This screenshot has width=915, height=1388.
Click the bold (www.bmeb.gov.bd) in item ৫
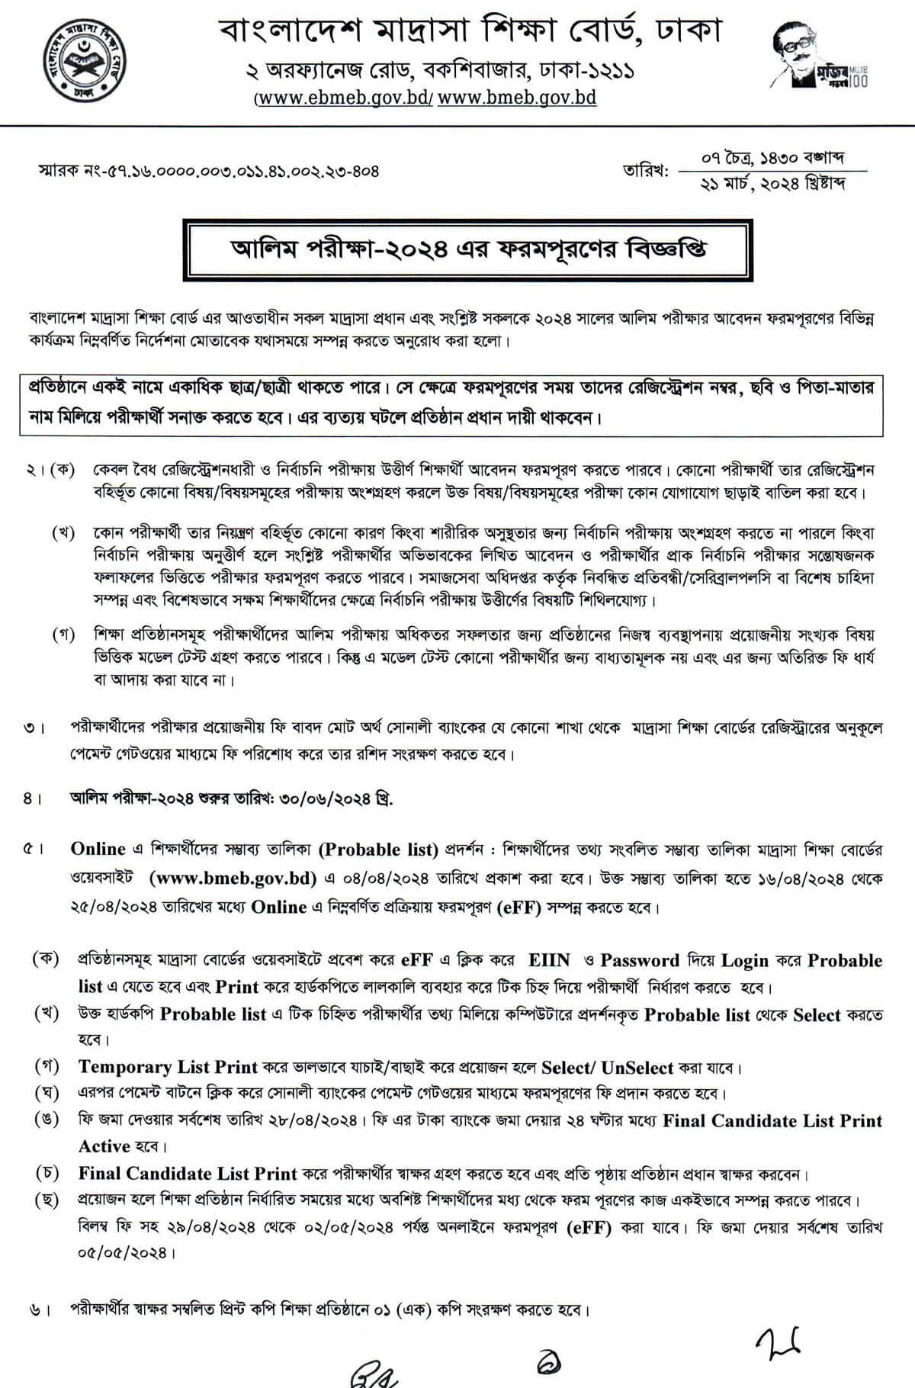[233, 878]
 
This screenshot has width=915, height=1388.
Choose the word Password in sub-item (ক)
[639, 960]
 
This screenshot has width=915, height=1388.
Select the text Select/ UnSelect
[607, 1067]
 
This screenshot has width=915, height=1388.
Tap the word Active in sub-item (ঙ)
[104, 1146]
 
